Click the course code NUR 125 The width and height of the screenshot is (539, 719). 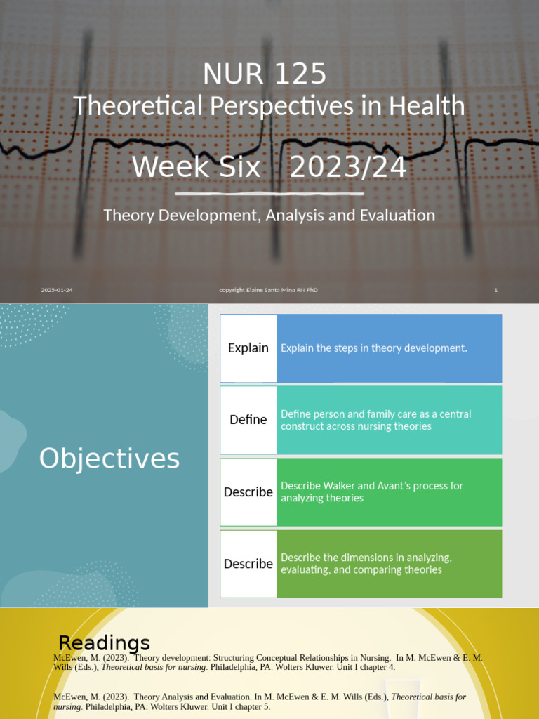pos(265,74)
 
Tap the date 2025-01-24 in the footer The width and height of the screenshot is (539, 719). pos(56,290)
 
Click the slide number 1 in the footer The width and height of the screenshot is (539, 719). pos(495,290)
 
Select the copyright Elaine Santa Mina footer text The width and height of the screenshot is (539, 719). pos(268,290)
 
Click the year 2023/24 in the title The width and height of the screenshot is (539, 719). pos(347,168)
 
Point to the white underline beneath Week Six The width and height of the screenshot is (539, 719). pos(269,193)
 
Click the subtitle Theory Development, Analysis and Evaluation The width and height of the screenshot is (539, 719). pos(269,216)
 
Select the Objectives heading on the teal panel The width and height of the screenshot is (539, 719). pos(109,459)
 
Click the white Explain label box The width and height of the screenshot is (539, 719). pos(248,348)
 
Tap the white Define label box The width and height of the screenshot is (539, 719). pos(248,420)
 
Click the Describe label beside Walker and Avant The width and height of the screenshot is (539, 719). pos(248,492)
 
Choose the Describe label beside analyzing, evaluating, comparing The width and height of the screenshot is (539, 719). pos(248,564)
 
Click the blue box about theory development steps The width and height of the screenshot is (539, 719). pos(390,348)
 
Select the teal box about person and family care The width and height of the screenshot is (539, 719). pos(390,420)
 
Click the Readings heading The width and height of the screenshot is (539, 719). pos(104,642)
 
